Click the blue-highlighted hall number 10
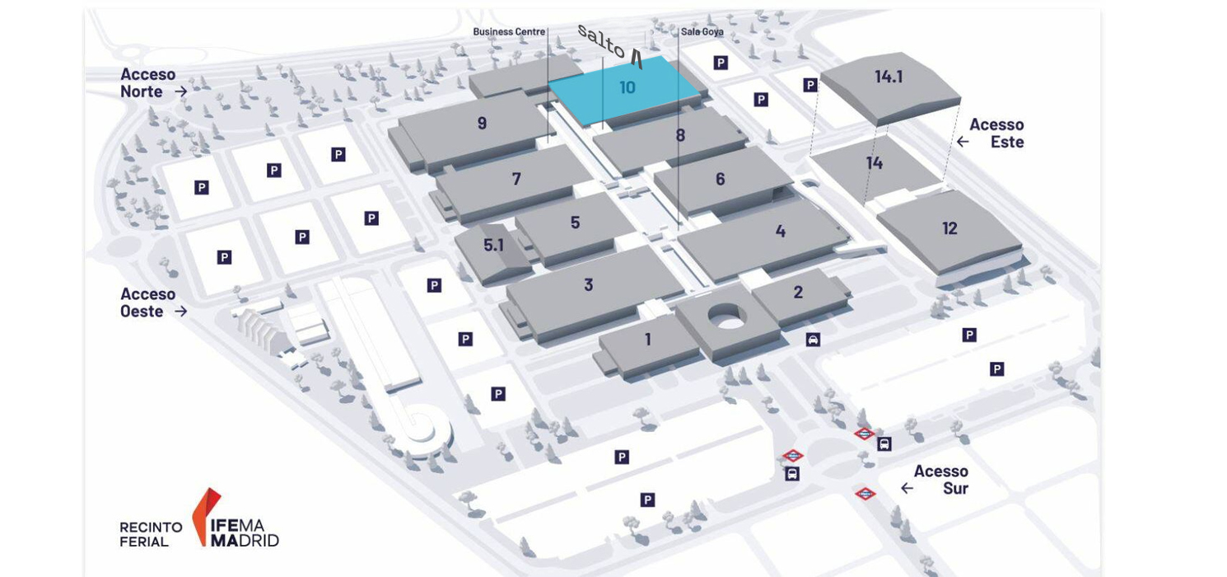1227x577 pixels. tap(627, 87)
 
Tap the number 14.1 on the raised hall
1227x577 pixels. tap(889, 76)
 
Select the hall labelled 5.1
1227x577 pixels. tap(493, 245)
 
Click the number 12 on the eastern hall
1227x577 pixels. tap(949, 228)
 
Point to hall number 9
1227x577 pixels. tap(482, 123)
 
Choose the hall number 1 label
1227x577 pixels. tap(648, 340)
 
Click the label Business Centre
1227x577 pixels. tap(509, 32)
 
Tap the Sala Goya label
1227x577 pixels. tap(702, 32)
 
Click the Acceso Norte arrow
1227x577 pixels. tap(181, 91)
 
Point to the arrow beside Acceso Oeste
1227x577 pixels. tap(181, 312)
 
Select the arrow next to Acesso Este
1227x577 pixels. tap(963, 142)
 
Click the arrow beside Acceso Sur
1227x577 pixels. tap(907, 488)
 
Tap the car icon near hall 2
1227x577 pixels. tap(813, 340)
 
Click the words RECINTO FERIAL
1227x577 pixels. tap(152, 534)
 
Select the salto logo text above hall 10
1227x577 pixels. tap(609, 47)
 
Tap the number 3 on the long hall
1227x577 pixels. tap(588, 284)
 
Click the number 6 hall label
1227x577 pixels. tap(721, 179)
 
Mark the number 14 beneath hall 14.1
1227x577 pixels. tap(875, 163)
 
